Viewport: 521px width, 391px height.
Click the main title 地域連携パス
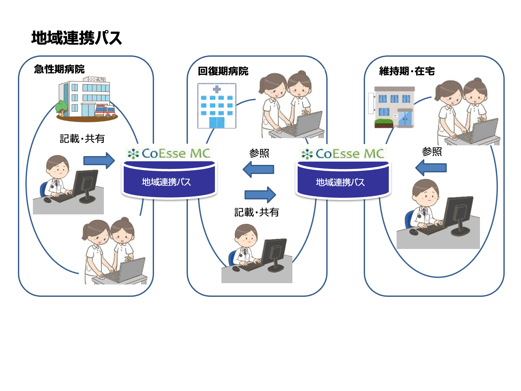77,38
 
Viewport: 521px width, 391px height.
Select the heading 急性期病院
59,69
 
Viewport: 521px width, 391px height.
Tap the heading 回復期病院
223,71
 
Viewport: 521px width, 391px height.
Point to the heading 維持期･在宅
407,71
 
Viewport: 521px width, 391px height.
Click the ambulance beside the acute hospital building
105,111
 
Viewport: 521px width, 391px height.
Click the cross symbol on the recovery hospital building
217,89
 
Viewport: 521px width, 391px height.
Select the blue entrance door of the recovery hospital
217,123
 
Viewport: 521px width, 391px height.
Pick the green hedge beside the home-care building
384,122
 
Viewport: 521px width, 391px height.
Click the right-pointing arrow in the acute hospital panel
99,161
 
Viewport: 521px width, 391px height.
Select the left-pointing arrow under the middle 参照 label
258,169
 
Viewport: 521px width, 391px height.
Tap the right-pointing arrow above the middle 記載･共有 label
260,195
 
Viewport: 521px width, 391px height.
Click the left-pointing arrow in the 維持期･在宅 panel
431,167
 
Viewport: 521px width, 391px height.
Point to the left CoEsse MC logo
169,153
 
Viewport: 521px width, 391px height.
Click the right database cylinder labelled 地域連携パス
343,180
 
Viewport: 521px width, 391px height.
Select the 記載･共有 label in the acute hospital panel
82,139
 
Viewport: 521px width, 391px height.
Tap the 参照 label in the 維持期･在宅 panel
432,152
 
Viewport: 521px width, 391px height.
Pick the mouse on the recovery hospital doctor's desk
236,269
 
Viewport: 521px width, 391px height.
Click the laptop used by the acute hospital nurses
128,270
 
